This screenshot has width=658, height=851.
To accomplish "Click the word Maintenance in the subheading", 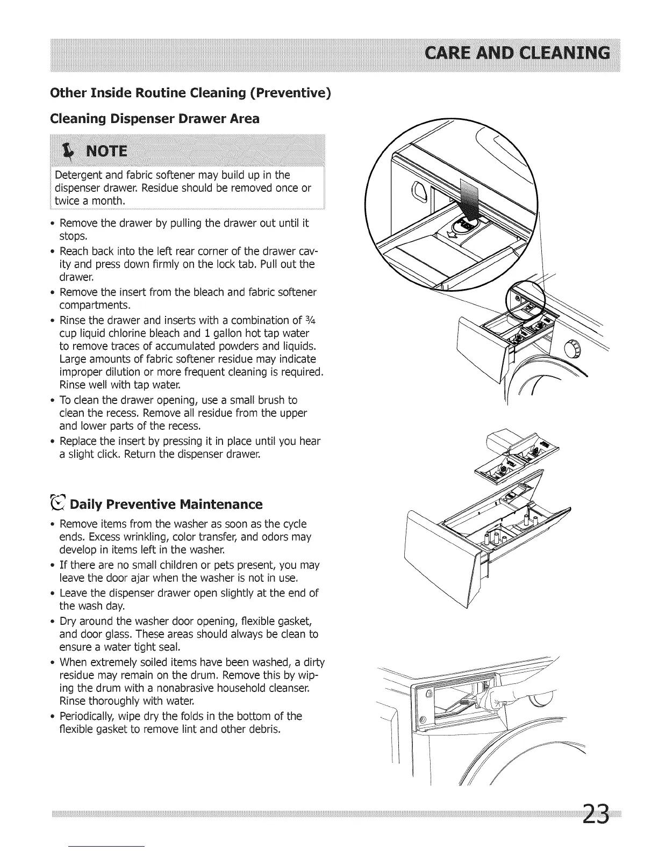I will pos(221,504).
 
